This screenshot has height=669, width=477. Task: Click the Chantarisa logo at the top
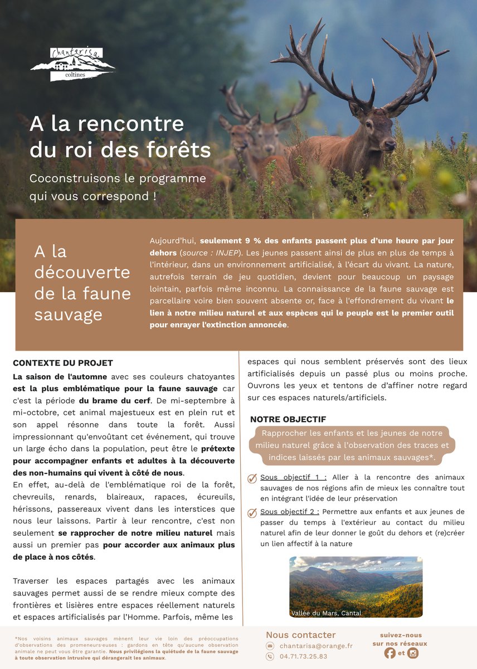(72, 65)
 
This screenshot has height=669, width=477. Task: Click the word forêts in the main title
(179, 150)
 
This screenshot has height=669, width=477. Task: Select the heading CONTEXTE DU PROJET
(63, 363)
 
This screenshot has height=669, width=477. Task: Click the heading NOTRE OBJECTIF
(288, 419)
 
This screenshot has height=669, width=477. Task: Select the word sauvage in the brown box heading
(68, 314)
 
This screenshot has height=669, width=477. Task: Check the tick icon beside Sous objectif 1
(252, 478)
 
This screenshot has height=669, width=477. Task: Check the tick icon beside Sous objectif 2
(252, 512)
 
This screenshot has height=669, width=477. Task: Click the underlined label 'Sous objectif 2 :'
(289, 512)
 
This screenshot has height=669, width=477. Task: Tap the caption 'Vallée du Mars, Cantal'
(327, 613)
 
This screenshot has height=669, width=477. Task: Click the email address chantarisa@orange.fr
(316, 646)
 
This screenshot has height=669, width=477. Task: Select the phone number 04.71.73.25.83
(303, 657)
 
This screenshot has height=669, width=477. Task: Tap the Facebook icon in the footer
(390, 653)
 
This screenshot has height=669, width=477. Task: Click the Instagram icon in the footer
(413, 653)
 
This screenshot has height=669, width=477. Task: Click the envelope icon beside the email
(270, 646)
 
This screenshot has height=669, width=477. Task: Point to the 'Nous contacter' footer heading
(301, 634)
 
